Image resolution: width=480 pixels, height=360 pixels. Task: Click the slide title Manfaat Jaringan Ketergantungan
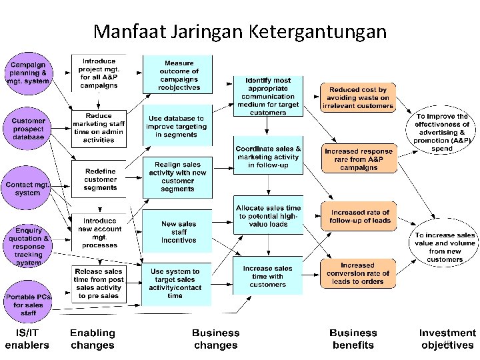coord(240,31)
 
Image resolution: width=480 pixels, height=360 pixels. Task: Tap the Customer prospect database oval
coord(28,128)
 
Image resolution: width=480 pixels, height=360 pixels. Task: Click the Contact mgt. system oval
coord(28,188)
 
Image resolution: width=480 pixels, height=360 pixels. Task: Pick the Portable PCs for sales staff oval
coord(29,304)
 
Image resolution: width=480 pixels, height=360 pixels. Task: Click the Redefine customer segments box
coord(100,180)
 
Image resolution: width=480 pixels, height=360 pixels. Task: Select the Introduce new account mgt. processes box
coord(99,232)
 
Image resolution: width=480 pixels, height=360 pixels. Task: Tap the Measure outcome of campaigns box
coord(178,75)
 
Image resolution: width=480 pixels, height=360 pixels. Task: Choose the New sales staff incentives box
coord(178,232)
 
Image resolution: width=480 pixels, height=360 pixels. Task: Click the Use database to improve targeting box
coord(177,126)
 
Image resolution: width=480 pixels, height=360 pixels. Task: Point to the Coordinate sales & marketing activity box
coord(268,157)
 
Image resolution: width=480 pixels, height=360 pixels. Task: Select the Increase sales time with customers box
coord(268,276)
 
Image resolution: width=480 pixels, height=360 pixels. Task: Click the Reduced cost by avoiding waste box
coord(358,97)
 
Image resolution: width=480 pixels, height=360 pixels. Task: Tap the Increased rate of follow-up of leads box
coord(359,216)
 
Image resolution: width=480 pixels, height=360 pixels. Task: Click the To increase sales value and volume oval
coord(445,243)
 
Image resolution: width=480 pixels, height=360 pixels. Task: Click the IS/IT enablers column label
coord(27,339)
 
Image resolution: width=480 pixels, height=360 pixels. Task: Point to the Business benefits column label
coord(353,339)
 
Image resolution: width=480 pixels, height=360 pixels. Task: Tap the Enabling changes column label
coord(93,339)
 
